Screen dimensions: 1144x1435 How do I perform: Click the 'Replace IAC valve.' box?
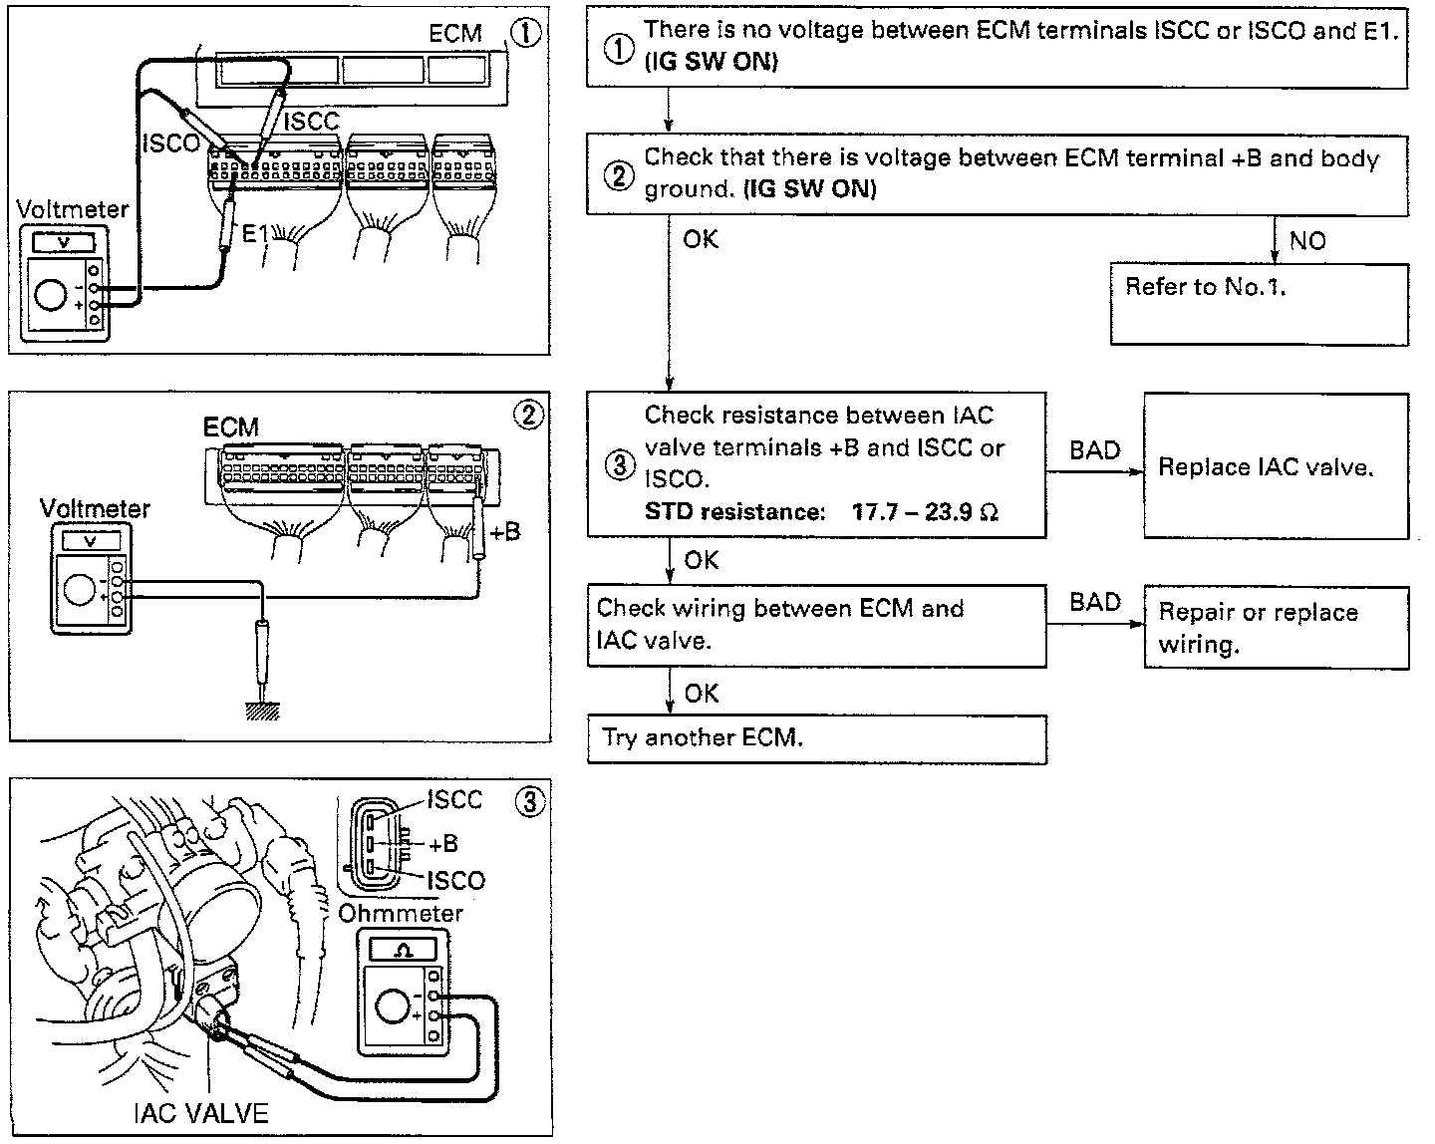click(x=1276, y=465)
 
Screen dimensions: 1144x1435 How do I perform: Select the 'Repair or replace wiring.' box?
click(x=1276, y=628)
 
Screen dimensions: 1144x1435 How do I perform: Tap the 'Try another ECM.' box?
click(x=817, y=738)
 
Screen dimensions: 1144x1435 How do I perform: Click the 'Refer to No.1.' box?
click(x=1260, y=303)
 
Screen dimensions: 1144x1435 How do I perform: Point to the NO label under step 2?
click(x=1307, y=240)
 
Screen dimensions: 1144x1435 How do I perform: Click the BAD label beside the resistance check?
click(x=1095, y=450)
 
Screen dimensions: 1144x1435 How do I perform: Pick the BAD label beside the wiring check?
click(x=1095, y=602)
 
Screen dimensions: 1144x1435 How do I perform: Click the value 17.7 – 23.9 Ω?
click(x=926, y=512)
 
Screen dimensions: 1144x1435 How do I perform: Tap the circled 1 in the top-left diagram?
click(x=526, y=33)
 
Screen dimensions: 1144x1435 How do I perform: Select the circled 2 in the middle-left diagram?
click(x=528, y=415)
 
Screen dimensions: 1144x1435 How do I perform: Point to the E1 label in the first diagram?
click(x=256, y=234)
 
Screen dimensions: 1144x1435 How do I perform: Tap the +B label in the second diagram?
click(x=505, y=531)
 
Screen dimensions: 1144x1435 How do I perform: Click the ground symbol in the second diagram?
click(x=263, y=707)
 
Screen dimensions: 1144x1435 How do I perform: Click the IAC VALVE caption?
click(x=200, y=1112)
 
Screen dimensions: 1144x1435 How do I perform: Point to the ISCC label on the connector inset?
click(x=453, y=799)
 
